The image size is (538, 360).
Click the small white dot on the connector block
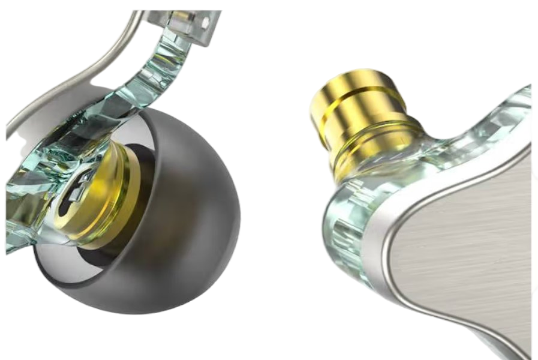pyautogui.click(x=209, y=23)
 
